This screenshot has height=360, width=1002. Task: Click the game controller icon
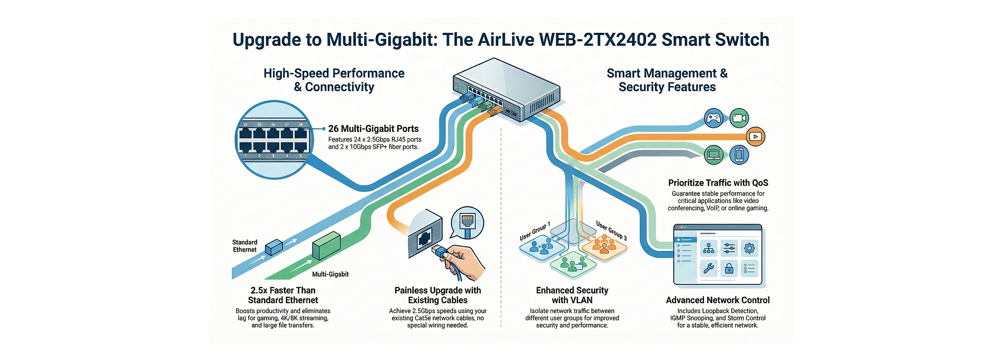tap(713, 118)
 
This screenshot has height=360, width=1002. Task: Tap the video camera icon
tap(739, 118)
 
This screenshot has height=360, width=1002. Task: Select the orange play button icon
tap(755, 137)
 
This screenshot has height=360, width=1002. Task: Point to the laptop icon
tap(713, 154)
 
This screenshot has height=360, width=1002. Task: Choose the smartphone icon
tap(739, 154)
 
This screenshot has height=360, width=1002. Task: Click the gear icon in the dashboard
tap(749, 248)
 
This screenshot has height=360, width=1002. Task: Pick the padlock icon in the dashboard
tap(729, 269)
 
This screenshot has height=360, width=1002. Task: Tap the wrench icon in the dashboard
tap(709, 269)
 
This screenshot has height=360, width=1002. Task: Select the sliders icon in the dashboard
tap(729, 248)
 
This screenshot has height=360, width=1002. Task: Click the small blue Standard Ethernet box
tap(273, 247)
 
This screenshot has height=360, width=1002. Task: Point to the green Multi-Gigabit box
tap(326, 245)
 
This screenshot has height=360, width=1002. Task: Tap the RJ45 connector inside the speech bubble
tap(468, 221)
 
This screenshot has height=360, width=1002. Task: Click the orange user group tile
tap(604, 246)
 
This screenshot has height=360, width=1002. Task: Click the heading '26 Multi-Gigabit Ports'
tap(373, 129)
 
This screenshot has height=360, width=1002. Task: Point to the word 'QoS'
tap(760, 183)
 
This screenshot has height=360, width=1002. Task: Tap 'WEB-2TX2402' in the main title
tap(598, 40)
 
